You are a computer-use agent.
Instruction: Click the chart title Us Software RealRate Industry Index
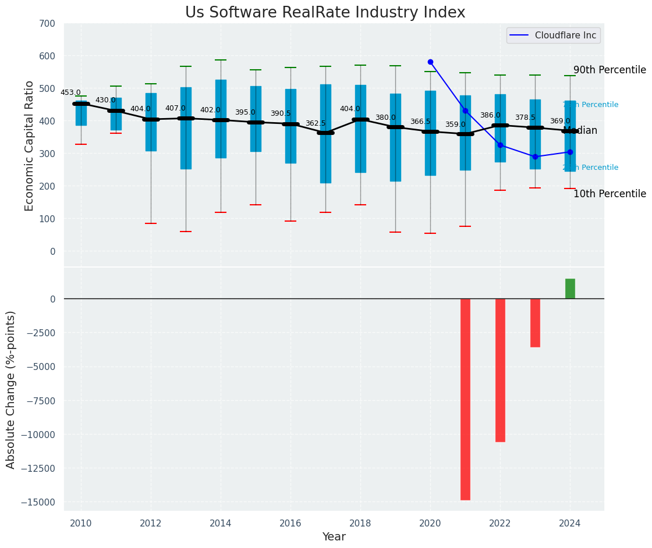coord(325,13)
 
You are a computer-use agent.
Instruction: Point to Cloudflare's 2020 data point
coord(430,62)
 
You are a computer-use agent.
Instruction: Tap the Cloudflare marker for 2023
coord(535,156)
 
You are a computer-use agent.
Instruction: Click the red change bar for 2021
coord(465,399)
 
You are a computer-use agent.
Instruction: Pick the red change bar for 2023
coord(535,323)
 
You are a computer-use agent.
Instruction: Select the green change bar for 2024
coord(570,289)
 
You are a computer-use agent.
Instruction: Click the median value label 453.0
coord(70,92)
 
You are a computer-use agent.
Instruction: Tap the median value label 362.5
coord(316,123)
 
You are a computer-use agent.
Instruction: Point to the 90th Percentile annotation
coord(610,70)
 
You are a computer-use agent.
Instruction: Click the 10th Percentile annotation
coord(610,194)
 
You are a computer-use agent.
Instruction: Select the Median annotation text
coord(580,131)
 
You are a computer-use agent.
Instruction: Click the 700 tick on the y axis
coord(48,24)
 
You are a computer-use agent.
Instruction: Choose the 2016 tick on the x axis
coord(290,523)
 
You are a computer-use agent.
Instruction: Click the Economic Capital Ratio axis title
coord(30,145)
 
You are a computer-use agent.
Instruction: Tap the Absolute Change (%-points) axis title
coord(11,389)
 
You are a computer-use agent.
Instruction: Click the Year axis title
coord(334,537)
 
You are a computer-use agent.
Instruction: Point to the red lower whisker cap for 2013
coord(186,232)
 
